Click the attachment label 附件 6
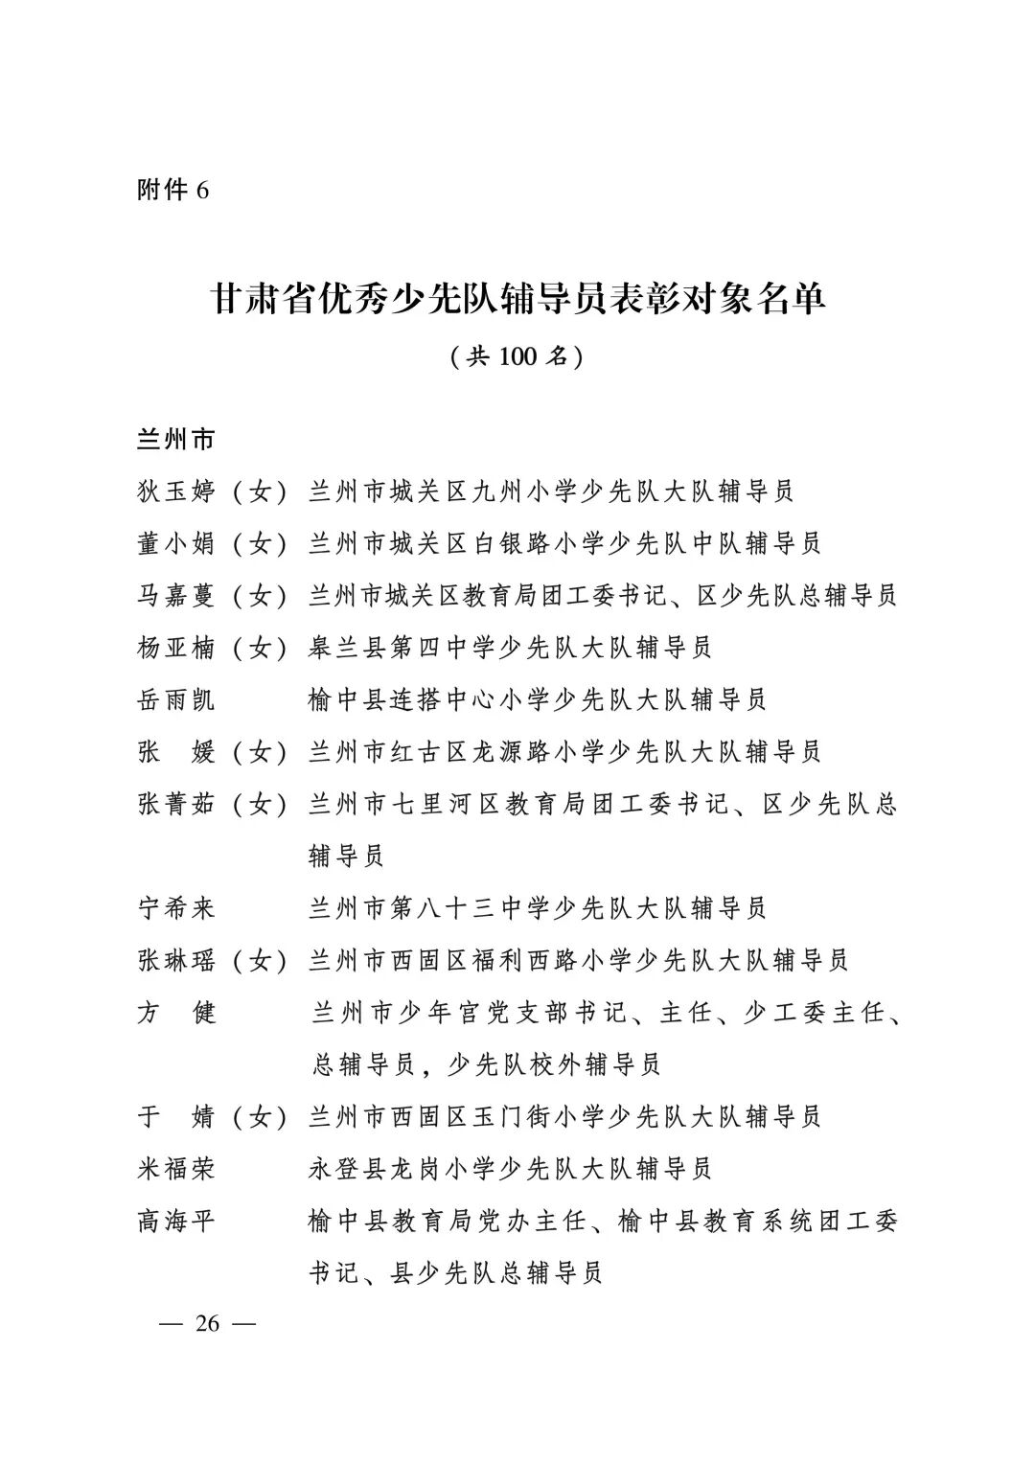172,190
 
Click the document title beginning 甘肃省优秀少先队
517,299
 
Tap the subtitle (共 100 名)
517,356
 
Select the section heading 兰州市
176,441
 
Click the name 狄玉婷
176,492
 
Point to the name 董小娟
176,544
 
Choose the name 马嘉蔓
176,596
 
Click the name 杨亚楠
176,648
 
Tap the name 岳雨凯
176,699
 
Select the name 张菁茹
176,804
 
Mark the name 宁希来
176,907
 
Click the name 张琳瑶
176,960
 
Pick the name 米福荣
176,1168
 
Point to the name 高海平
176,1221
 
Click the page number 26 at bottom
207,1324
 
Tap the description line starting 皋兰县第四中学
510,648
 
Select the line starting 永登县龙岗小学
510,1168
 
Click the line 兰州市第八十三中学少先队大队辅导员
537,907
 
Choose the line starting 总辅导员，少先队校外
486,1064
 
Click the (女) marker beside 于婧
260,1116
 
